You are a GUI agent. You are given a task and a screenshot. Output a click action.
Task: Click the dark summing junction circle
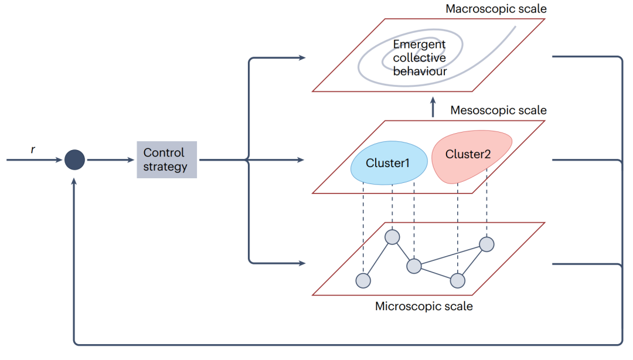[x=74, y=159]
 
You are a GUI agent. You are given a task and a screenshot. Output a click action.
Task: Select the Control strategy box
[x=166, y=159]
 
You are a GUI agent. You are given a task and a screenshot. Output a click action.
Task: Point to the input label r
[x=33, y=150]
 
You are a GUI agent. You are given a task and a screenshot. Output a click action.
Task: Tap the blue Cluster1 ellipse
[x=387, y=163]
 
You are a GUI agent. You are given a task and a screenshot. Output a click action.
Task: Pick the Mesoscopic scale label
[x=498, y=110]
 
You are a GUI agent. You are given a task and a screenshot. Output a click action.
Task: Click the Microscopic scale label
[x=424, y=306]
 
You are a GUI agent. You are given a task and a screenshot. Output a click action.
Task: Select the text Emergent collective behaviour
[x=419, y=58]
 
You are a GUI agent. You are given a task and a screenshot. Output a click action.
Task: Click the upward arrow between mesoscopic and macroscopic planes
[x=433, y=107]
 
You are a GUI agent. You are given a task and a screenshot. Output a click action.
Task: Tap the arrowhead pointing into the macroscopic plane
[x=302, y=57]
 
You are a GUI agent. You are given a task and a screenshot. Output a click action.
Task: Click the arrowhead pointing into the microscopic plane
[x=302, y=263]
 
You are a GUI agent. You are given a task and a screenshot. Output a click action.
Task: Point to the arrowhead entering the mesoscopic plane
[x=302, y=159]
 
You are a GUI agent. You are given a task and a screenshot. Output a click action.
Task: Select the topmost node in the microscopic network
[x=392, y=237]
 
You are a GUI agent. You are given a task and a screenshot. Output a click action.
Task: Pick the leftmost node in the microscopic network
[x=363, y=280]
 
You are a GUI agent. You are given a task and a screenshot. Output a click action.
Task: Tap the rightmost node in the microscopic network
[x=486, y=243]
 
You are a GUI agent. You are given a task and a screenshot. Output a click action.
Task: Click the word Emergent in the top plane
[x=419, y=45]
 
